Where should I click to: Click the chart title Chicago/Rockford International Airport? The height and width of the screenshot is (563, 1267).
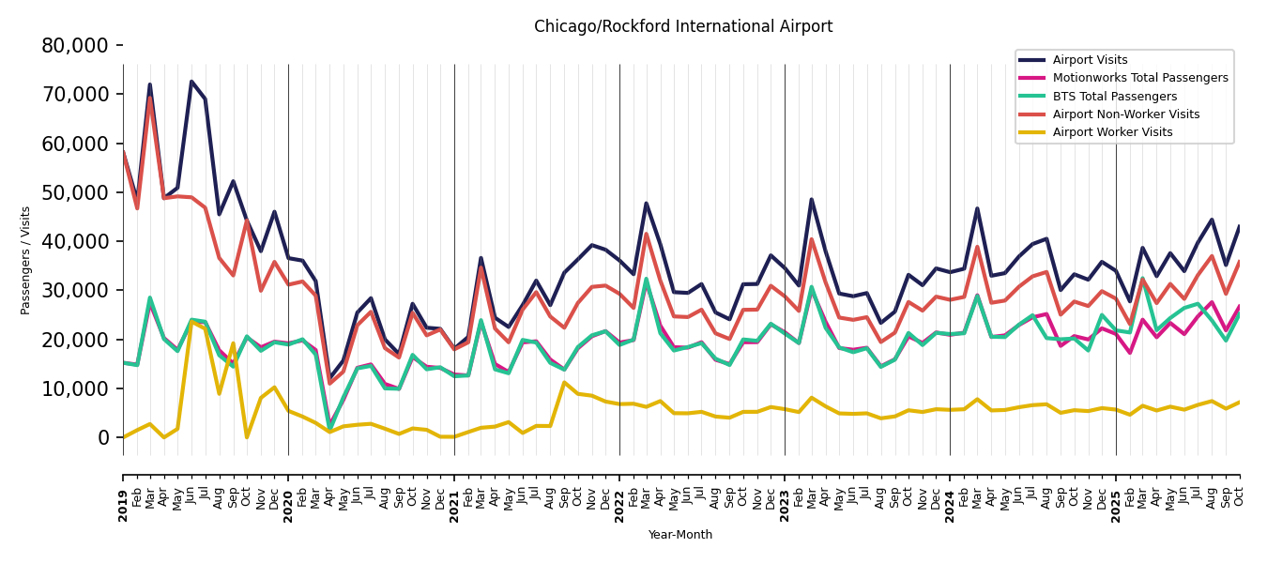(683, 27)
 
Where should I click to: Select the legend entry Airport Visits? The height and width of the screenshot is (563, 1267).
(1090, 60)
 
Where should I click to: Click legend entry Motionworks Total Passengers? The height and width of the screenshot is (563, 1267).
(1139, 78)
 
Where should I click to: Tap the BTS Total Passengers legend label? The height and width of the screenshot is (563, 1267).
(1114, 97)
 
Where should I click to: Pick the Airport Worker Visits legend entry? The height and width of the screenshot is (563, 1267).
(1112, 132)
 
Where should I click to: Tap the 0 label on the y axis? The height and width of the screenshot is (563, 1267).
(103, 437)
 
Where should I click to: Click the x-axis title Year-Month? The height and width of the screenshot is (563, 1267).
(680, 535)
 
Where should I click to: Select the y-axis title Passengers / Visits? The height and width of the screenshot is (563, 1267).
(26, 260)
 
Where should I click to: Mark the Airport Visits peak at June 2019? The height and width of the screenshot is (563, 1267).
(191, 82)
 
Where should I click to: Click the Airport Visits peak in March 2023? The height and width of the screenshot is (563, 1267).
(812, 199)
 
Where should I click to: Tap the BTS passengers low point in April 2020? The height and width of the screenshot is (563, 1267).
(329, 428)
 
